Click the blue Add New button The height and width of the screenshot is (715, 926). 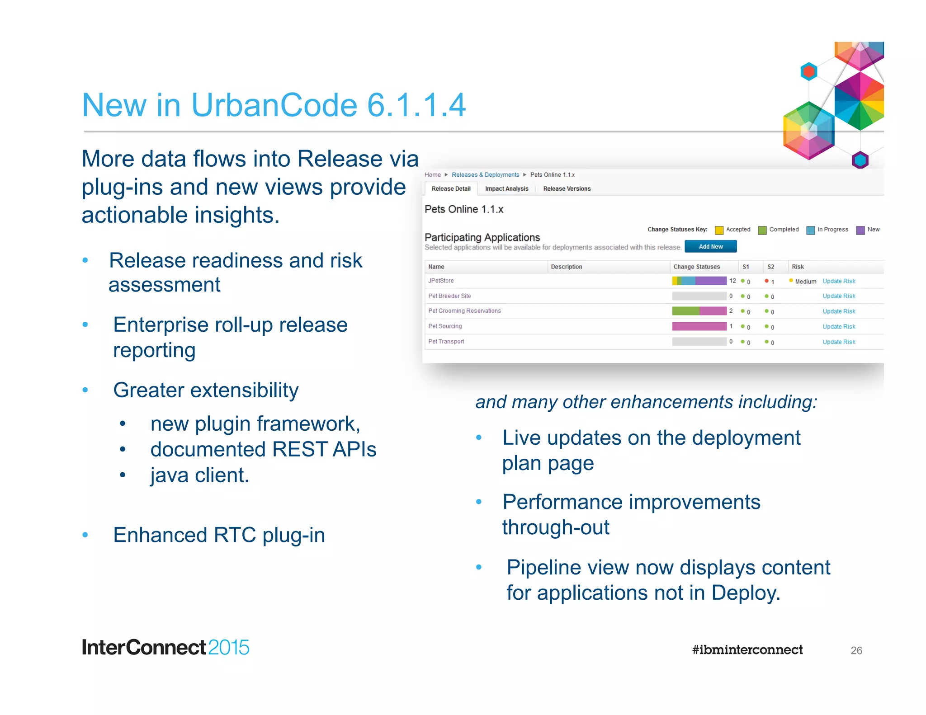click(710, 246)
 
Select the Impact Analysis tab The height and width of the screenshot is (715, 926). click(506, 188)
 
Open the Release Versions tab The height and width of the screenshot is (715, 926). click(567, 188)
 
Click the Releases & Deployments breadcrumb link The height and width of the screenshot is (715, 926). click(485, 175)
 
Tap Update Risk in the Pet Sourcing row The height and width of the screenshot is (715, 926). click(839, 326)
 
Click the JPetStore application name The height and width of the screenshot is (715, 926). click(441, 281)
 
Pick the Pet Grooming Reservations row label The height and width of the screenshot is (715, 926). click(464, 311)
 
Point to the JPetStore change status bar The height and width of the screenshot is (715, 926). click(699, 281)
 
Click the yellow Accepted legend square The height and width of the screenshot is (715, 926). click(719, 230)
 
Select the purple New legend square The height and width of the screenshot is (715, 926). click(860, 230)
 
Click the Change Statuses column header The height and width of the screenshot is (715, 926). click(696, 267)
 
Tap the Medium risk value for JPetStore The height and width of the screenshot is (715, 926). click(805, 282)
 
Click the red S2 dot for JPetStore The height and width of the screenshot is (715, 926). click(766, 281)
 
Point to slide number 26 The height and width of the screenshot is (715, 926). click(856, 650)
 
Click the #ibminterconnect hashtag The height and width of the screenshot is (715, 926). click(747, 650)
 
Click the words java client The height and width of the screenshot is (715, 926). click(199, 475)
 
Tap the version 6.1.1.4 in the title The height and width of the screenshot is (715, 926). click(416, 105)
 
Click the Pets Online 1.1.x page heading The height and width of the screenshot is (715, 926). click(463, 209)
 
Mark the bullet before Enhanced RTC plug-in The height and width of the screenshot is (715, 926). click(85, 535)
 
